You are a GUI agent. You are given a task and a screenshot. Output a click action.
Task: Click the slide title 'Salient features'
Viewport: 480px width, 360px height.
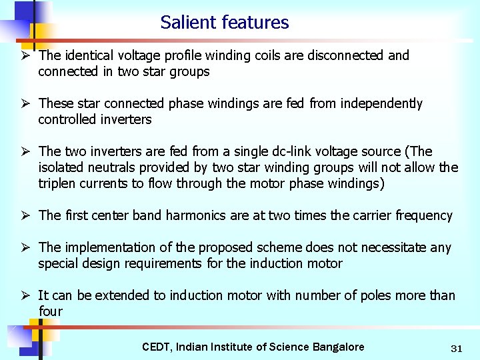(225, 23)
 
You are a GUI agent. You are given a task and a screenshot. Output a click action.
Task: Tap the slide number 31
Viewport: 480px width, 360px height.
(457, 348)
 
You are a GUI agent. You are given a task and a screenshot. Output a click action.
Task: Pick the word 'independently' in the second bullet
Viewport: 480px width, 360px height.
(381, 103)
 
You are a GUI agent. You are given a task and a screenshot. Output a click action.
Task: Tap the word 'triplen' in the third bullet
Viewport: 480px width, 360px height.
(58, 183)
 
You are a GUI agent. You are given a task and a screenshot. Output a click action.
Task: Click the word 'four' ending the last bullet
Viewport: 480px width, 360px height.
(50, 311)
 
